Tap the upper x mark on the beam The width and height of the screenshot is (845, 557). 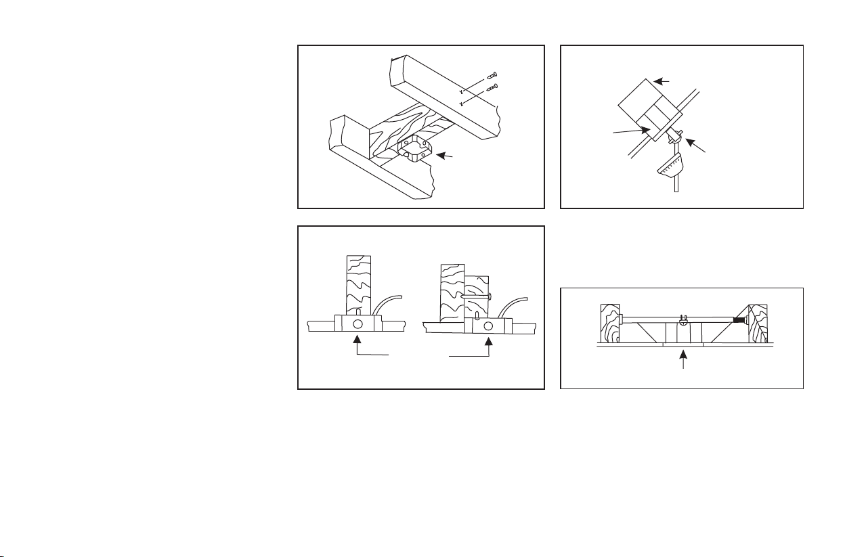pos(460,91)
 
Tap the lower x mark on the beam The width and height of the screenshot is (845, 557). pos(460,104)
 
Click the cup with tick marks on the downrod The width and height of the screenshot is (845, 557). pos(671,166)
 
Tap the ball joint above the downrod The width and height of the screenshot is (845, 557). pos(674,137)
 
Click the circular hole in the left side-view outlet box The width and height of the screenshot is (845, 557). pos(357,324)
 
